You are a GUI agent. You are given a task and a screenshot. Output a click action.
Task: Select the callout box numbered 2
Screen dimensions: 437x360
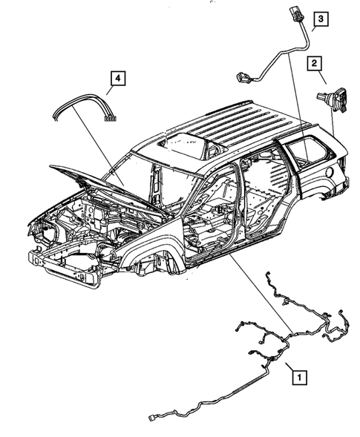(315, 64)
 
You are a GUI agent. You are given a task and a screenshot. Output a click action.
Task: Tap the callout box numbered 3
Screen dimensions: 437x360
(320, 19)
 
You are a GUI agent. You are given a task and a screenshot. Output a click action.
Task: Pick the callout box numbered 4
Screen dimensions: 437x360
(118, 76)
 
